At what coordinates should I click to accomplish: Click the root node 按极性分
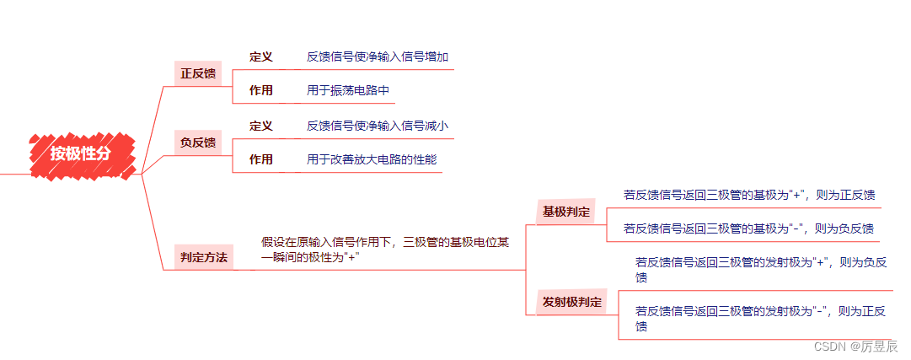tap(80, 153)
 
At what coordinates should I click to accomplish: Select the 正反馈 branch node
tap(198, 73)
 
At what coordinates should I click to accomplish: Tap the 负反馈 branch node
tap(198, 142)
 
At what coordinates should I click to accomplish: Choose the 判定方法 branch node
tap(203, 257)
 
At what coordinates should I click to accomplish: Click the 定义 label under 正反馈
tap(261, 56)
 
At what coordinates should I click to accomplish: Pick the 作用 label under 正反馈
tap(261, 90)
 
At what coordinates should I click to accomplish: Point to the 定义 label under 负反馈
tap(261, 126)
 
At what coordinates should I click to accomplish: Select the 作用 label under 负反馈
tap(261, 159)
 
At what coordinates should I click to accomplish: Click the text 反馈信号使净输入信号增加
tap(377, 56)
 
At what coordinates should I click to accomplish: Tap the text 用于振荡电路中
tap(348, 90)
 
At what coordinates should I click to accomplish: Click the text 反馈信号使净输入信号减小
tap(377, 126)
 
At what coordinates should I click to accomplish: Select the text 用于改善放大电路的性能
tap(372, 159)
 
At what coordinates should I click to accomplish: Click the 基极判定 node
tap(566, 212)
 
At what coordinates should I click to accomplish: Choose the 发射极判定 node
tap(572, 302)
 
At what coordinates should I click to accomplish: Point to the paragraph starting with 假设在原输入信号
tap(385, 249)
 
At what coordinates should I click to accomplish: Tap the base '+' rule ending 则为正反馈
tap(749, 195)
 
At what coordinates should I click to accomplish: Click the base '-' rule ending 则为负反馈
tap(748, 228)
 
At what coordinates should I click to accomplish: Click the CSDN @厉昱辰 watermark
tap(856, 346)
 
